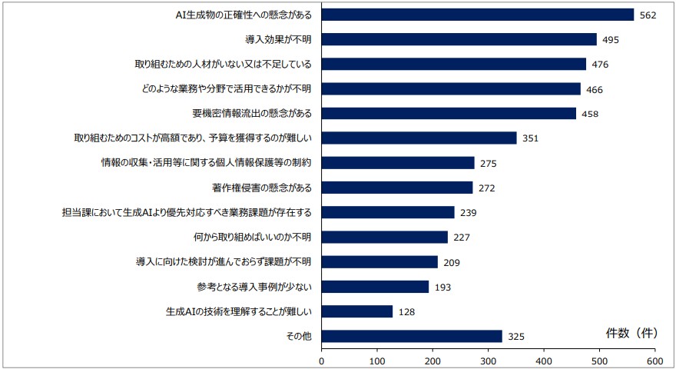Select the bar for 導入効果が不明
click(459, 39)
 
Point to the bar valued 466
click(451, 89)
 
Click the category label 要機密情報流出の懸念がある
click(253, 114)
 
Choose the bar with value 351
click(419, 138)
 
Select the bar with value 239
click(388, 212)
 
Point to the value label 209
click(452, 262)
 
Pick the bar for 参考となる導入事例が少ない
click(375, 287)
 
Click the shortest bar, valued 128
click(357, 311)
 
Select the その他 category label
click(300, 336)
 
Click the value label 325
click(516, 337)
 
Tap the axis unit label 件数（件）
click(630, 333)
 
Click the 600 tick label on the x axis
click(654, 359)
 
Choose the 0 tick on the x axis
click(322, 359)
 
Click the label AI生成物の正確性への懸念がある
click(244, 15)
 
